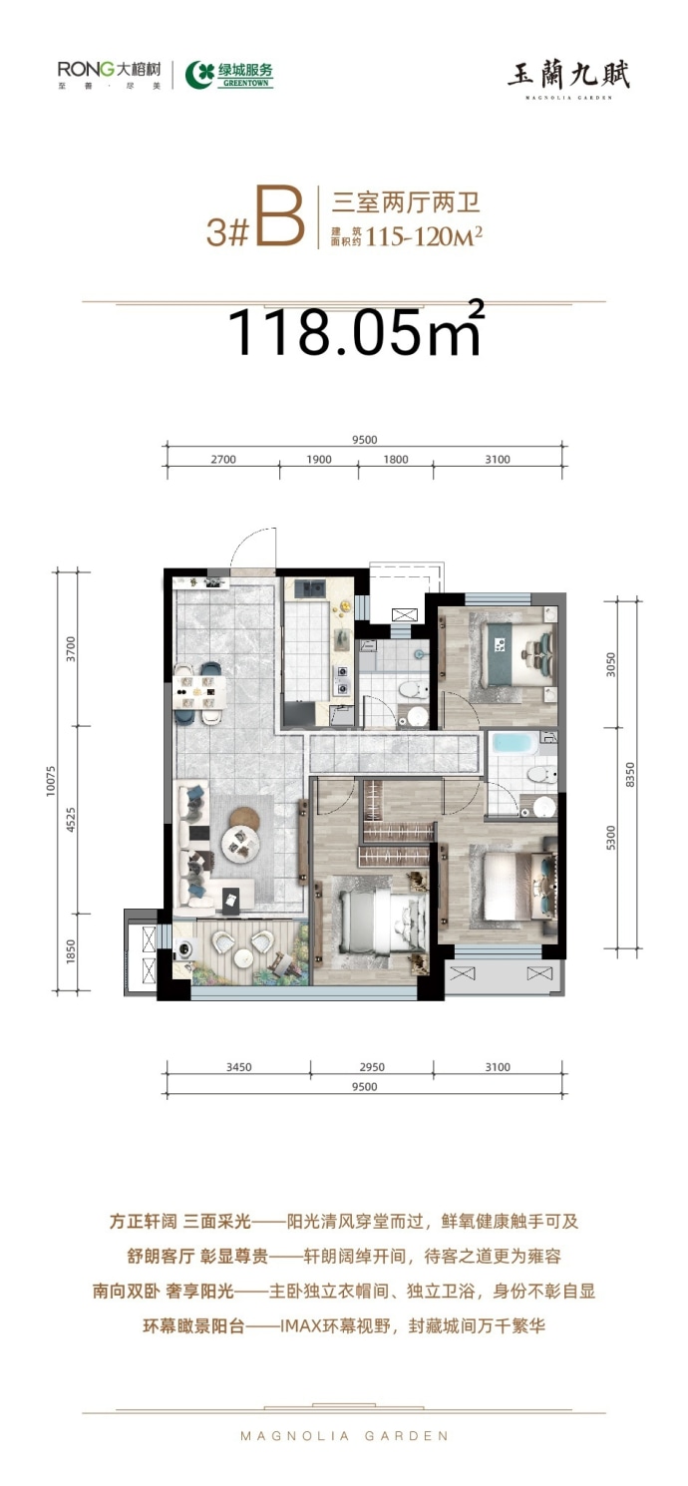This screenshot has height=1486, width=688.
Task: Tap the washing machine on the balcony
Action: (x=183, y=948)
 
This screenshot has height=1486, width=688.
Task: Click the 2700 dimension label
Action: (x=223, y=459)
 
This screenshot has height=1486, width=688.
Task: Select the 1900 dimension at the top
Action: (x=318, y=459)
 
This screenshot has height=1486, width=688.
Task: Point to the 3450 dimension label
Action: (x=239, y=1067)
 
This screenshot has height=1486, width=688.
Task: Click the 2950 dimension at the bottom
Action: (x=372, y=1067)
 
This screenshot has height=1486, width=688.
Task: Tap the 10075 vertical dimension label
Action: (x=51, y=781)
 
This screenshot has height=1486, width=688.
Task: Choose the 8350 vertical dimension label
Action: (x=630, y=775)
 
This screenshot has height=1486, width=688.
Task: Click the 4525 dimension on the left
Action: (x=71, y=820)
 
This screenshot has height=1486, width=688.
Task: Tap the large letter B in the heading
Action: (x=278, y=217)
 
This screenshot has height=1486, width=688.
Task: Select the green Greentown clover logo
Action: (x=199, y=74)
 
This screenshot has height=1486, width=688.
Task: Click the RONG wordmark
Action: (x=86, y=69)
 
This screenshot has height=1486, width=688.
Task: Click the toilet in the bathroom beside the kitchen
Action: (x=413, y=690)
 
